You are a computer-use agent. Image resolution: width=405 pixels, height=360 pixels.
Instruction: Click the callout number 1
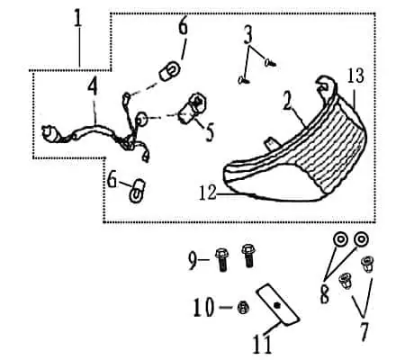77,19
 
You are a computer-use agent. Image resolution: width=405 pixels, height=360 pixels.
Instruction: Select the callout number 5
210,132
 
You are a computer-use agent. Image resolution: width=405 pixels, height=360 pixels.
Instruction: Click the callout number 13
355,76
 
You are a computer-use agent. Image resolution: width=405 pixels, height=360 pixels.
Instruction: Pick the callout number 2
287,100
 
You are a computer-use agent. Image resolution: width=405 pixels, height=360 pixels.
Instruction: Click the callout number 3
247,35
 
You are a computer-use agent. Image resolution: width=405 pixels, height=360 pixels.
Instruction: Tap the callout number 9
193,261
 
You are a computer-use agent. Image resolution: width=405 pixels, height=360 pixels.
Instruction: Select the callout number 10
203,307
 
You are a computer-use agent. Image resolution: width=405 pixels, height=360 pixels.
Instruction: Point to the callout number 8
325,294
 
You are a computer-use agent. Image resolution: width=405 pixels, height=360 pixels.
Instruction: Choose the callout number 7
364,331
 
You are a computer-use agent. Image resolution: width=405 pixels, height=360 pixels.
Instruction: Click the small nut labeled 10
243,308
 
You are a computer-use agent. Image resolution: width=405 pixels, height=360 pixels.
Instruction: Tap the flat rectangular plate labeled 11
277,305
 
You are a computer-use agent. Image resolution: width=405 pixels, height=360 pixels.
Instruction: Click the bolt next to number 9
221,260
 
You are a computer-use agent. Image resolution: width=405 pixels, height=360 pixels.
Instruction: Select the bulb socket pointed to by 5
193,109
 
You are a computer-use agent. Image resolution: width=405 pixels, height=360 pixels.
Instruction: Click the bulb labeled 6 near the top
170,71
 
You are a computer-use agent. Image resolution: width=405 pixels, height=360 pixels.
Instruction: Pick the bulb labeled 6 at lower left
138,191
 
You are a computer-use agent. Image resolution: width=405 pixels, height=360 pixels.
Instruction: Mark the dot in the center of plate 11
277,305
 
